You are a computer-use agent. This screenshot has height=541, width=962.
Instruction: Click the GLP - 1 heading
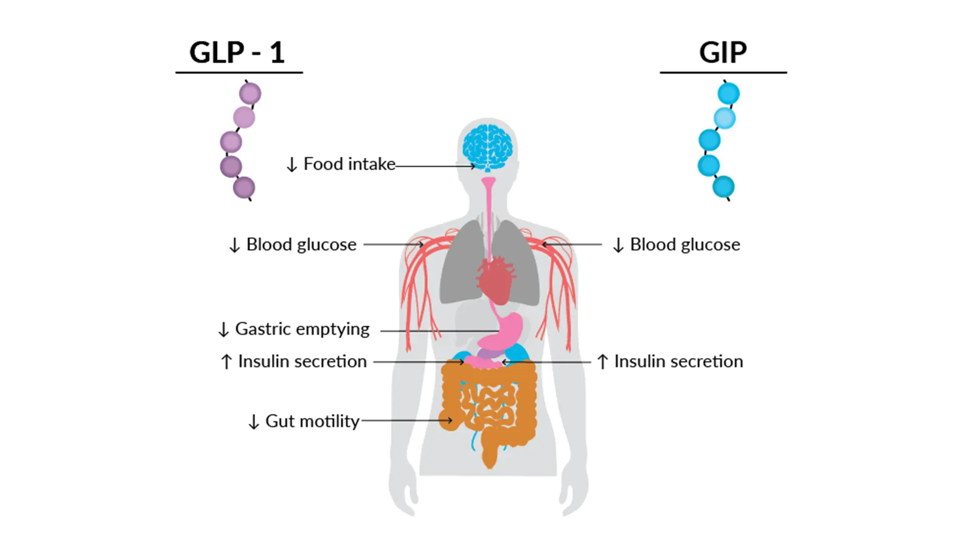point(237,52)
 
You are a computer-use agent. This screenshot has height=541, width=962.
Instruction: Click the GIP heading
point(723,52)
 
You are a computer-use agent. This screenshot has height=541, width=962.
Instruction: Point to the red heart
point(496,281)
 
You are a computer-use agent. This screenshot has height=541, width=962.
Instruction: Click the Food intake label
point(349,164)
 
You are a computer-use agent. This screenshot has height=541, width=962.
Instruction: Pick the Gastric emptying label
point(302,329)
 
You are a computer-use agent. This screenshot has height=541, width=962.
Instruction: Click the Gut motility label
point(312,421)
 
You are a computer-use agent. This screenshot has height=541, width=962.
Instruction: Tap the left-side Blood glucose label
point(301,244)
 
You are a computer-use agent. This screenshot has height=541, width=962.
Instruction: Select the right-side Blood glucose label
point(684,244)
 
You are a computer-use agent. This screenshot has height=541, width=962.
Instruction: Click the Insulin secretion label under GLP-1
point(302,361)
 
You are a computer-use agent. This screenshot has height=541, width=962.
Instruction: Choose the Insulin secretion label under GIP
point(678,361)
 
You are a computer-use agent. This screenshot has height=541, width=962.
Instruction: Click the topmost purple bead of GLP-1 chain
point(250,94)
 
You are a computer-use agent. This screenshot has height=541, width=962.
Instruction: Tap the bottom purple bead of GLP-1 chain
point(244,188)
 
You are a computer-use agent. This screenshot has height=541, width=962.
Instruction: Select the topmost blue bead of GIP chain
point(729,93)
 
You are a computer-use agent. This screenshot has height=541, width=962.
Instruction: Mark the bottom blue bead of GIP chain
point(724,187)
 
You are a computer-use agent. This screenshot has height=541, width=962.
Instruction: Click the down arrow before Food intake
point(292,164)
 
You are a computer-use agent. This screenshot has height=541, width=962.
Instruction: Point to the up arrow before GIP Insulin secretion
point(603,362)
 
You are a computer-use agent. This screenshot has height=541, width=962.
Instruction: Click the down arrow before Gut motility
point(254,422)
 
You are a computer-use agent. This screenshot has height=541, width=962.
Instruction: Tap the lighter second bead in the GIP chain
point(725,118)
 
